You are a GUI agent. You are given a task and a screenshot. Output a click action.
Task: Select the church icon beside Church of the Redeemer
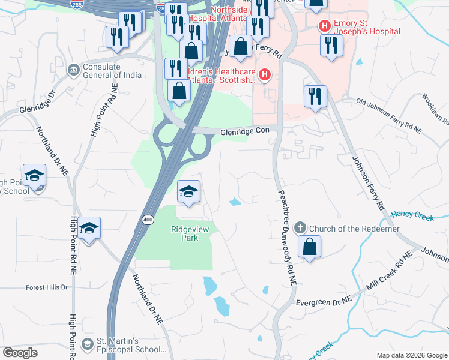point(300,229)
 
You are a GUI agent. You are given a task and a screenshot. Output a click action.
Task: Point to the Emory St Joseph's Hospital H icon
point(324,26)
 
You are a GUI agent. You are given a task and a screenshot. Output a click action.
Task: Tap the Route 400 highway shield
point(148,221)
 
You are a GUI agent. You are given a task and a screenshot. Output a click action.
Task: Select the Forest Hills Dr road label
point(47,287)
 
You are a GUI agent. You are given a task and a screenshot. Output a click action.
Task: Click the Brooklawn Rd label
point(436,108)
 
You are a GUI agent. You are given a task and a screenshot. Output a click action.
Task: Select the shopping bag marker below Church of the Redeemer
point(309,247)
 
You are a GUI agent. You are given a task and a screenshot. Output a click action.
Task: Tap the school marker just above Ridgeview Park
point(188,193)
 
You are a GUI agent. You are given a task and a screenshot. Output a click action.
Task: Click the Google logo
point(20,353)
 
